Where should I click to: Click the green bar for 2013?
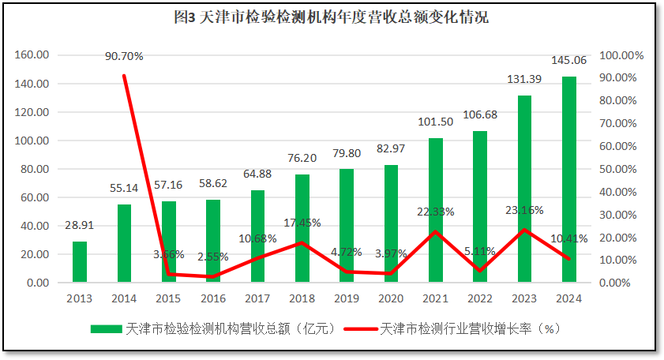click(x=80, y=262)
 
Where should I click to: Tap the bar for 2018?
click(x=302, y=228)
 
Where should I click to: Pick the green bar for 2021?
click(x=436, y=210)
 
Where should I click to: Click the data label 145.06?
click(x=569, y=61)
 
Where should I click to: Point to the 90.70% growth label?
click(x=125, y=56)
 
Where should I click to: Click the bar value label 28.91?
click(x=80, y=225)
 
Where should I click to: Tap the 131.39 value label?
click(x=524, y=80)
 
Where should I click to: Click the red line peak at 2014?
click(x=124, y=76)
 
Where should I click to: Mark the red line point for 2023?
click(x=524, y=230)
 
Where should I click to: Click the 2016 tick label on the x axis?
click(x=213, y=298)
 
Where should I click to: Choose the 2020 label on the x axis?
click(x=391, y=298)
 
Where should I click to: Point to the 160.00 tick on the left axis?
click(x=32, y=55)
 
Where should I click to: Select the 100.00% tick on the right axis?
click(x=622, y=55)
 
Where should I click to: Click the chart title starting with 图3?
click(x=331, y=17)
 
